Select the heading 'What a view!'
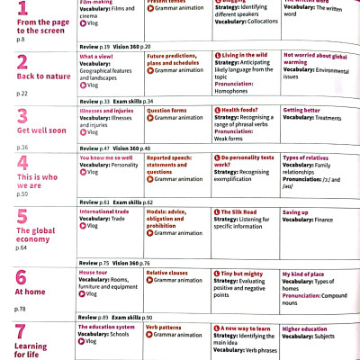pos(98,56)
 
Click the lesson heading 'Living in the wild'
pos(244,56)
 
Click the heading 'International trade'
pos(104,211)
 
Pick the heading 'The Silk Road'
pos(242,211)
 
